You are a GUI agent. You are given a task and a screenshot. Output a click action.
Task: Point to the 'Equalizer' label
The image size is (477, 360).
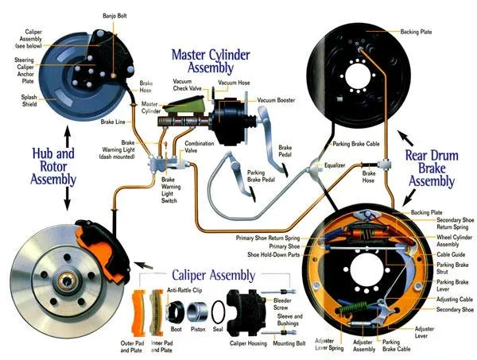(x=334, y=165)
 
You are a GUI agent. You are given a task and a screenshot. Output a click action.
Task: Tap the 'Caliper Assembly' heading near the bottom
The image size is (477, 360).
(x=211, y=275)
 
